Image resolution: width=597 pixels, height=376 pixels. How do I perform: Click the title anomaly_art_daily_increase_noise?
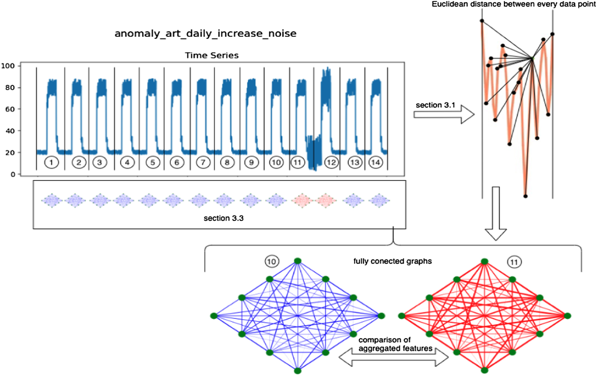point(205,33)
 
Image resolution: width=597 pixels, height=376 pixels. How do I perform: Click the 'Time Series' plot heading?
point(211,55)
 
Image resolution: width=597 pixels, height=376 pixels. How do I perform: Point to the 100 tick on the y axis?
point(8,66)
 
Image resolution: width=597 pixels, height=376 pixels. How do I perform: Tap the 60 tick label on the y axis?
point(10,109)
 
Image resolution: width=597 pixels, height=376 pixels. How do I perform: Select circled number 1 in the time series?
point(51,162)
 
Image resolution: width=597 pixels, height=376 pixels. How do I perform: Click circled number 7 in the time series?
point(203,162)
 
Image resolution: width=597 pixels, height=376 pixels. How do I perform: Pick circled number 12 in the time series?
point(331,162)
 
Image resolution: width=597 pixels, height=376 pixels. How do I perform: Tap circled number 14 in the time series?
point(376,162)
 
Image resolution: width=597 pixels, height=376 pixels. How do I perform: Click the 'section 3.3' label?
point(223,218)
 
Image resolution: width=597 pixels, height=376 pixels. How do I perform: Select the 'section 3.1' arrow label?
point(435,105)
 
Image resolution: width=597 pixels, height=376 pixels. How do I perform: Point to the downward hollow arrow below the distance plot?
point(496,214)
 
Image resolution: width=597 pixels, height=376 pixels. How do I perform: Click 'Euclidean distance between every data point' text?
point(514,4)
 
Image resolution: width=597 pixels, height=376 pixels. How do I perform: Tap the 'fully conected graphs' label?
point(392,261)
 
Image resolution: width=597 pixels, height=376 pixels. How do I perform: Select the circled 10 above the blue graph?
point(272,262)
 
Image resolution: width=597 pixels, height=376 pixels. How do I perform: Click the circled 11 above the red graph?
point(514,262)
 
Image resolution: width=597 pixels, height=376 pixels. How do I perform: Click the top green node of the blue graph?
point(298,261)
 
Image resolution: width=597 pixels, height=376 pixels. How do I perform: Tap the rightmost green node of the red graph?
point(567,316)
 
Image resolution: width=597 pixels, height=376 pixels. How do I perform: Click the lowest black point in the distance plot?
point(525,196)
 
